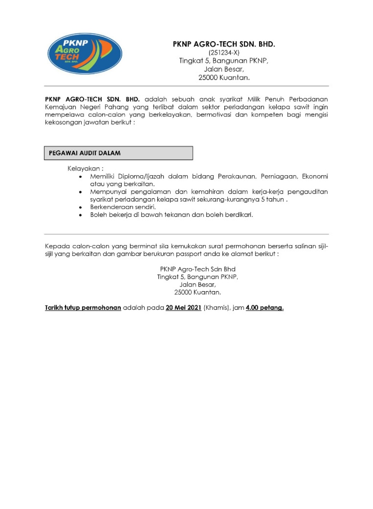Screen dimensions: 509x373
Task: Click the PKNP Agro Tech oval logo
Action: click(x=85, y=54)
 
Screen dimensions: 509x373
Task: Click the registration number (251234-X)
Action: click(x=224, y=53)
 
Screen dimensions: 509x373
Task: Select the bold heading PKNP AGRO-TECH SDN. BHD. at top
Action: click(x=224, y=44)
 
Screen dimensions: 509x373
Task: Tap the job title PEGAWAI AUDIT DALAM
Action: click(x=85, y=153)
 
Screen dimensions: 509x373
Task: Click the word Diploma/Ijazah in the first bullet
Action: click(x=141, y=177)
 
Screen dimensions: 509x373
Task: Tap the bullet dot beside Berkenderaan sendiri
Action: click(x=80, y=207)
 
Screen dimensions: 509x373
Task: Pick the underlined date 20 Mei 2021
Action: click(x=183, y=308)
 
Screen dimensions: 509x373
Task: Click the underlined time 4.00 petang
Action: click(x=265, y=308)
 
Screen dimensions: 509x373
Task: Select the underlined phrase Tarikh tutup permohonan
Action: click(x=83, y=308)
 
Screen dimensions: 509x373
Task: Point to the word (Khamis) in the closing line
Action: click(x=217, y=308)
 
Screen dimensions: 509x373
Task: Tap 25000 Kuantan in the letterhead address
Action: click(x=224, y=77)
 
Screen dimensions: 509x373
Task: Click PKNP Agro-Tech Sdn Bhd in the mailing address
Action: click(x=198, y=269)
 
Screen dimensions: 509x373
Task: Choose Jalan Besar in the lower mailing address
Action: click(x=198, y=285)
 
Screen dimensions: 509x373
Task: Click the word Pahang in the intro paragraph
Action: click(x=116, y=107)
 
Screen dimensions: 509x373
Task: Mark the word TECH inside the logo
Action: click(x=67, y=57)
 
